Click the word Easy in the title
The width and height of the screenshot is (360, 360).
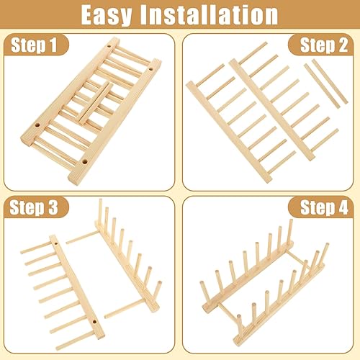pyautogui.click(x=107, y=15)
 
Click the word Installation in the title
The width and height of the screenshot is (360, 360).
pyautogui.click(x=209, y=14)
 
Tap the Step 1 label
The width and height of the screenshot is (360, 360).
pyautogui.click(x=34, y=45)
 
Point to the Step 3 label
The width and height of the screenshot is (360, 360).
pyautogui.click(x=34, y=207)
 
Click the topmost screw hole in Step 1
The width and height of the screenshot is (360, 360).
pyautogui.click(x=109, y=46)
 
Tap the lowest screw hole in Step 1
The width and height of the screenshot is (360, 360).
pyautogui.click(x=84, y=162)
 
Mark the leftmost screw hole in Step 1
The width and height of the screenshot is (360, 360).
pyautogui.click(x=37, y=125)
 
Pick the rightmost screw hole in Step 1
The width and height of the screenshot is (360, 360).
pyautogui.click(x=151, y=69)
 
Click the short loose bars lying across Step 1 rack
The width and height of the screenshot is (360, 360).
pyautogui.click(x=95, y=103)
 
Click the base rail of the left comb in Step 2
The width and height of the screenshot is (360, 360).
pyautogui.click(x=229, y=132)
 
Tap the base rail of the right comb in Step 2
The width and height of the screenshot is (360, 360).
pyautogui.click(x=271, y=110)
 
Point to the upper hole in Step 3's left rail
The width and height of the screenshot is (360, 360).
pyautogui.click(x=56, y=243)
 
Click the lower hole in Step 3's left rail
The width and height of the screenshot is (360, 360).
pyautogui.click(x=94, y=321)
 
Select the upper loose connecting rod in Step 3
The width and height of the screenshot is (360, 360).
pyautogui.click(x=81, y=237)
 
